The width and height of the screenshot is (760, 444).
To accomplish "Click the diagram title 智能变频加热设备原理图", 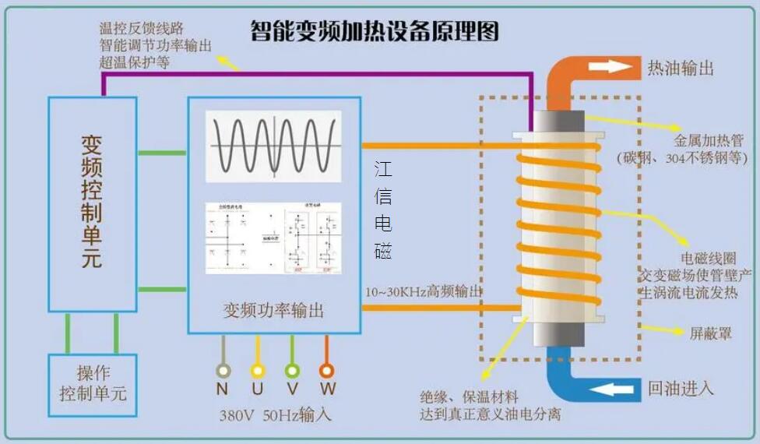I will click(374, 31).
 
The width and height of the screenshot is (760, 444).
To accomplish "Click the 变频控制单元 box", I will click(92, 202).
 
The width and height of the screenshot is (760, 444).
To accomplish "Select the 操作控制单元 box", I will click(92, 383).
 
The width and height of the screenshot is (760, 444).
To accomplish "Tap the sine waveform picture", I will click(273, 146).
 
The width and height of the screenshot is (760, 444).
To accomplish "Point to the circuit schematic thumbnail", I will click(273, 238).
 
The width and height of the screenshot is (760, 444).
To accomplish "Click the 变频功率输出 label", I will click(273, 310).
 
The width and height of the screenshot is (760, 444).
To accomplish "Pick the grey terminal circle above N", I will click(223, 371).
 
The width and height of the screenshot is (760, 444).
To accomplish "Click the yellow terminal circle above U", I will click(258, 371).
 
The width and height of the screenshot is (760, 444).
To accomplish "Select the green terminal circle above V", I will click(292, 371).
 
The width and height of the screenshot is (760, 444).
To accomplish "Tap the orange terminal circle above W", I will click(327, 371).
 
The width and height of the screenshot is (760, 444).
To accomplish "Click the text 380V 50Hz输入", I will click(275, 414).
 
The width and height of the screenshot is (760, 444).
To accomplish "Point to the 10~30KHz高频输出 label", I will click(424, 291).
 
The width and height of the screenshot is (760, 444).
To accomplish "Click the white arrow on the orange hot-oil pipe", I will click(610, 67).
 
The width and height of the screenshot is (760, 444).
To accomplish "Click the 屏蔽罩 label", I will click(710, 333).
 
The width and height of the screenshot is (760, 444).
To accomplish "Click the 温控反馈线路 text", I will click(142, 28).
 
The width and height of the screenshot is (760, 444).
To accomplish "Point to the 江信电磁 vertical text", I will click(382, 210).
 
